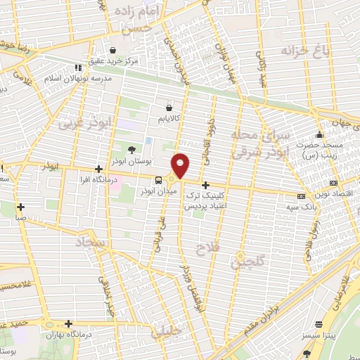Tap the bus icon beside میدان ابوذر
pos(158,179)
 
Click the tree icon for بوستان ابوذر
pos(131,148)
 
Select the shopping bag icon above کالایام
pos(169,106)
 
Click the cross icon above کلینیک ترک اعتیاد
pos(205,184)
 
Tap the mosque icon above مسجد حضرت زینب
pos(320,134)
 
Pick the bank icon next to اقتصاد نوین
pos(302,196)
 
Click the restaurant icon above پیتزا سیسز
pos(319,325)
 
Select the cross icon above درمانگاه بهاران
pos(68,323)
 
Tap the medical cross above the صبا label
pos(22,207)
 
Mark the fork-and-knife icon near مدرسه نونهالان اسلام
pos(78,67)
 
